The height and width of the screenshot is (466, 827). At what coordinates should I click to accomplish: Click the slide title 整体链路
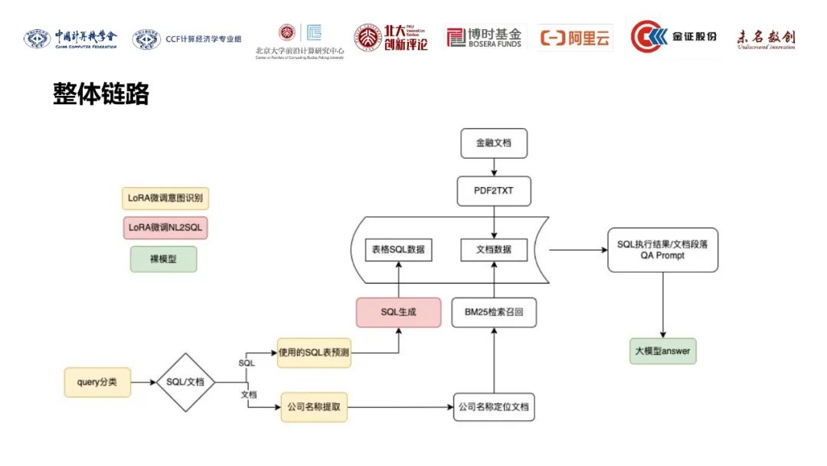pos(100,94)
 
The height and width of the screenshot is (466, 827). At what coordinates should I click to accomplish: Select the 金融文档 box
pos(494,143)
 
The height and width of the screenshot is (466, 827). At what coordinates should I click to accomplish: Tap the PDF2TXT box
pos(494,191)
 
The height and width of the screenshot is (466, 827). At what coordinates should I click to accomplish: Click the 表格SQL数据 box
pos(398,249)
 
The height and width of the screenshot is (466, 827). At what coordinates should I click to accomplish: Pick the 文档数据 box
pos(494,249)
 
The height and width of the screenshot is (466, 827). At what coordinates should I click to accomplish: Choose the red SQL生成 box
pos(398,313)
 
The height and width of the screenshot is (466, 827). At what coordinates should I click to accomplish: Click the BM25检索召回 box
pos(494,313)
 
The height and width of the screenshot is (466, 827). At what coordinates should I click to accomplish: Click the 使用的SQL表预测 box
pos(315,353)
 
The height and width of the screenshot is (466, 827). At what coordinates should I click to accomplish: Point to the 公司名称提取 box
pos(315,408)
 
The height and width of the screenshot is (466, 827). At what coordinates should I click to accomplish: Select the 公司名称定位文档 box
pos(494,408)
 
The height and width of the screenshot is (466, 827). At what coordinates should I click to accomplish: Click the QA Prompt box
pos(662,249)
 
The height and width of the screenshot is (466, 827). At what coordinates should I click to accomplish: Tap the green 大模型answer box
pos(663,351)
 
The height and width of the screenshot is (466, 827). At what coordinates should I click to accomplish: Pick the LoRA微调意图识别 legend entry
pos(165,199)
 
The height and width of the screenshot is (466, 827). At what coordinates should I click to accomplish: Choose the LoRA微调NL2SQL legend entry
pos(165,228)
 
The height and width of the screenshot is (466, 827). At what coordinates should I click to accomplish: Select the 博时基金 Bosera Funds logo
pos(485,38)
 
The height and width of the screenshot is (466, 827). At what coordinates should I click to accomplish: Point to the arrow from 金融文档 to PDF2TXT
pos(494,166)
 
